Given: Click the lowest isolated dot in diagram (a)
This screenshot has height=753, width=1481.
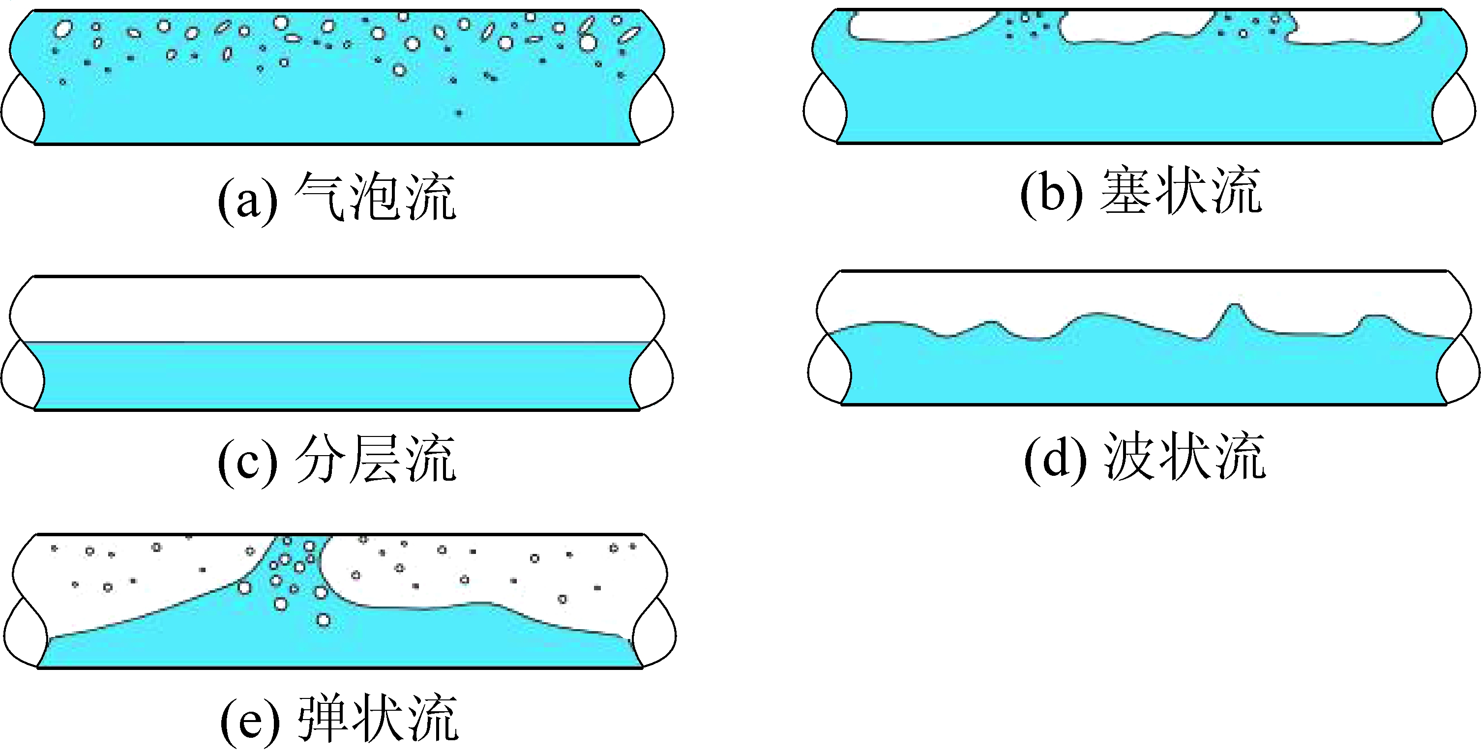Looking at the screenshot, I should coord(459,113).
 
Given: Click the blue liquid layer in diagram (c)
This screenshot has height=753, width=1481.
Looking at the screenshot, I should coord(336,376).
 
